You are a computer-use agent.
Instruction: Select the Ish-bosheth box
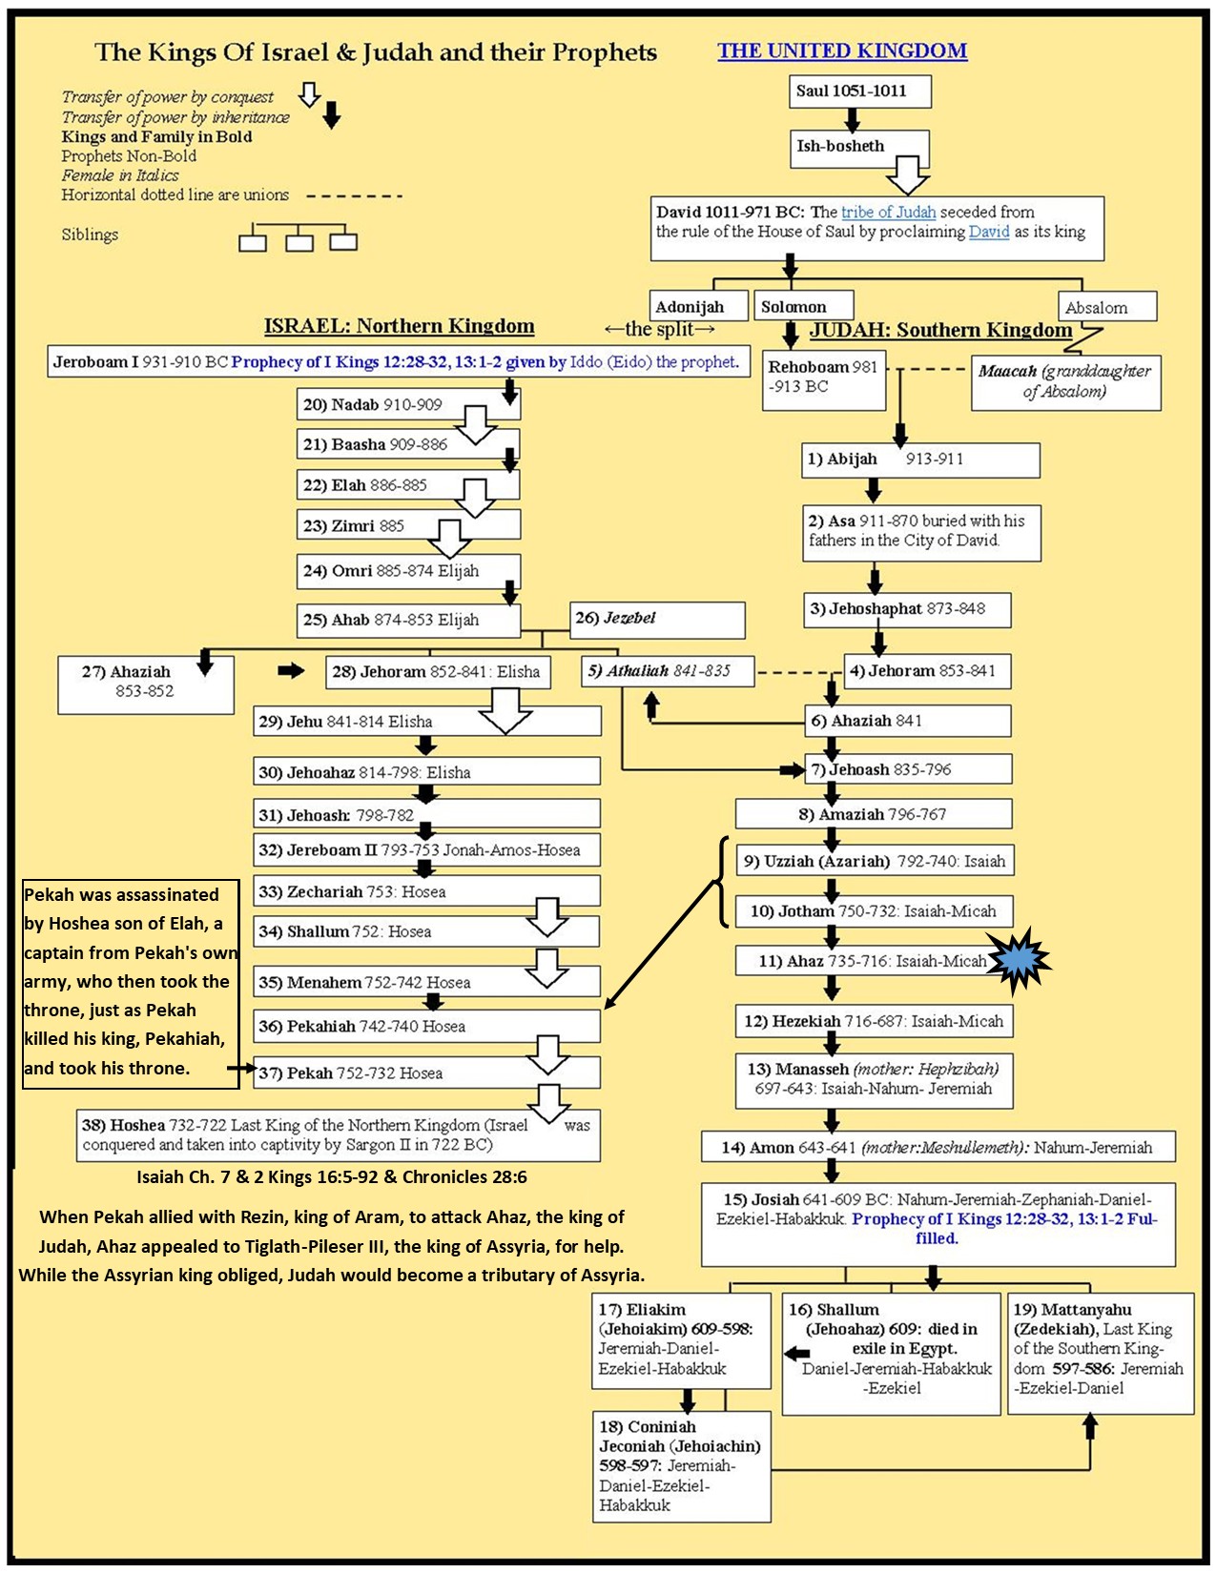(x=858, y=147)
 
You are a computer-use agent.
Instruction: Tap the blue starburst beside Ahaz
(x=1019, y=960)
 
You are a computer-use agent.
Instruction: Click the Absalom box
(x=1106, y=307)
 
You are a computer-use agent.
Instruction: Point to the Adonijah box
(x=699, y=307)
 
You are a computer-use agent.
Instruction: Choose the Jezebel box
(x=657, y=620)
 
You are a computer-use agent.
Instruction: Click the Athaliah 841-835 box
(x=668, y=671)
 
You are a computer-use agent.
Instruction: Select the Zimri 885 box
(x=408, y=525)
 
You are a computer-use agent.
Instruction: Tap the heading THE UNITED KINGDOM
(x=842, y=51)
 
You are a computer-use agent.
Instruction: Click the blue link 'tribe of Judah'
(x=888, y=212)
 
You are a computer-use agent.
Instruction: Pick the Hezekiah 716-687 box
(x=873, y=1021)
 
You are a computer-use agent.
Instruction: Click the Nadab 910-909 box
(x=408, y=405)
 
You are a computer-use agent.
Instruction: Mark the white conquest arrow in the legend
(x=309, y=94)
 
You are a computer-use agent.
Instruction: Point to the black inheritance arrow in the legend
(x=331, y=116)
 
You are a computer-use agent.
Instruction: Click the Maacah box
(x=1065, y=381)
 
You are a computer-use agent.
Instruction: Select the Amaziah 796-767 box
(x=873, y=814)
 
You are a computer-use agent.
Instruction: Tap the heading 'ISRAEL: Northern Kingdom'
(x=399, y=326)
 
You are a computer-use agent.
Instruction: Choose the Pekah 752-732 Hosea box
(x=427, y=1073)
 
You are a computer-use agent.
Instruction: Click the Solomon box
(x=802, y=307)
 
